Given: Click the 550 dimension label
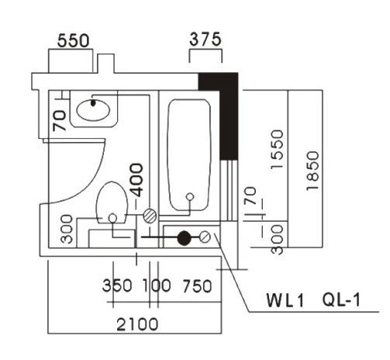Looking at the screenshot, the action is [74, 40].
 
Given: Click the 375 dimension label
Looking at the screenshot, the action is [205, 39].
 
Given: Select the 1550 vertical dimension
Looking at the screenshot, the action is [277, 150].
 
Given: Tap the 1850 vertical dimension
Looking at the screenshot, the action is [312, 171].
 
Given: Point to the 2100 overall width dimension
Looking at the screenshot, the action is [137, 324].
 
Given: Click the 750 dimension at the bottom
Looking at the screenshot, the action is [197, 286].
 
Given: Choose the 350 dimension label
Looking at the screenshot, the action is [117, 286].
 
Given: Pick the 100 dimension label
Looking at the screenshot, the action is [157, 286].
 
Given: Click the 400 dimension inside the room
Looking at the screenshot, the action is [136, 180].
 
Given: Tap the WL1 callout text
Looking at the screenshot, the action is [285, 300].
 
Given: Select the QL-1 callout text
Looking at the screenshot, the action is [341, 299].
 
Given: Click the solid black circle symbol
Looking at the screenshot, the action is [185, 238].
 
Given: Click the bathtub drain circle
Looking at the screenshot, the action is [190, 197].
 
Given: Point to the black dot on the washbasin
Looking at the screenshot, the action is [93, 103].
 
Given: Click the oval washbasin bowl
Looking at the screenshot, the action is [93, 110].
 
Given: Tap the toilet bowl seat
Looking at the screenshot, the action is [112, 202].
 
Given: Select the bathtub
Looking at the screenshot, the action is [189, 154].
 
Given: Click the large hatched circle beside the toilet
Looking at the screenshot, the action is [150, 216].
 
